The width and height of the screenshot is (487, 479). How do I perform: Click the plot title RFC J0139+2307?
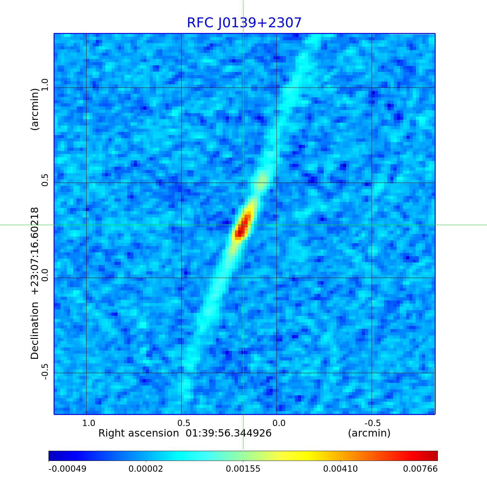pos(244,23)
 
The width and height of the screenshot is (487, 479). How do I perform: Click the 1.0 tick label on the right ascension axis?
pos(89,423)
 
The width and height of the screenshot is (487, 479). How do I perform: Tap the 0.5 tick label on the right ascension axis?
pos(184,423)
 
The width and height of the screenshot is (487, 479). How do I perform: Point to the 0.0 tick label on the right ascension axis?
pos(279,423)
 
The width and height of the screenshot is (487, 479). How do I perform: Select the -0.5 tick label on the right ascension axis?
pos(373,423)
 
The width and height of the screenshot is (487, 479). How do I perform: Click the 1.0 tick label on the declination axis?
pos(45,85)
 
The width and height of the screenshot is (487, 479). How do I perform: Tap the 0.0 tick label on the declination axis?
pos(45,275)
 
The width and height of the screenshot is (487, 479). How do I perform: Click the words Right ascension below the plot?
pos(139,433)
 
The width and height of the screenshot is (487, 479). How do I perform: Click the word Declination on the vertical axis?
pos(35,330)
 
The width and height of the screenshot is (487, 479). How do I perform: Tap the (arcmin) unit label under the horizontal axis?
pos(369,433)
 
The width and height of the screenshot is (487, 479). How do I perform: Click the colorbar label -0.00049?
pos(67,469)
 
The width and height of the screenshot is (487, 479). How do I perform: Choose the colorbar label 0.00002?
pos(146,469)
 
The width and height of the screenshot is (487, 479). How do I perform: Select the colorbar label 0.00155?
pos(243,469)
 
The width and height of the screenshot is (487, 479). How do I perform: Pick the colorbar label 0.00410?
pos(341,469)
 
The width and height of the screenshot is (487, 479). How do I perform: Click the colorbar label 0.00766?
pos(420,469)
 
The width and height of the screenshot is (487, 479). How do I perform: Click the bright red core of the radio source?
pos(243,226)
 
